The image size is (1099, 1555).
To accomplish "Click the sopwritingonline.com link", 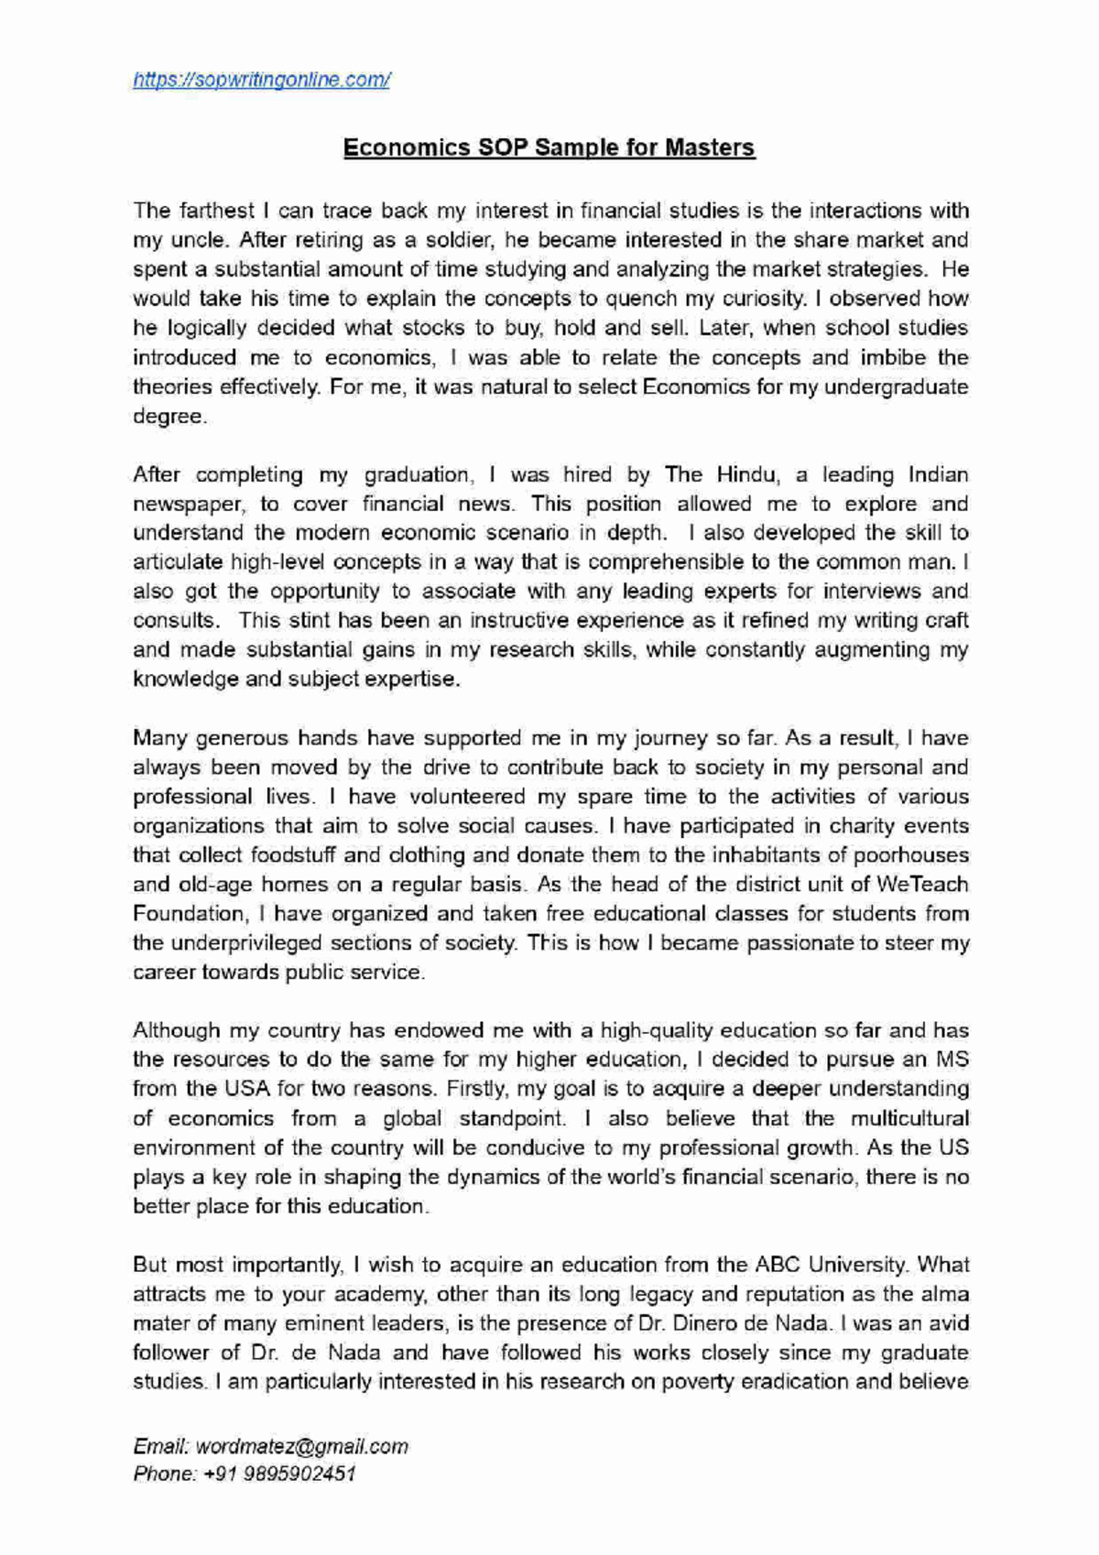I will [x=262, y=81].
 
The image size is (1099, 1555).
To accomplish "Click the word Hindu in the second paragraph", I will [x=746, y=474].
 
